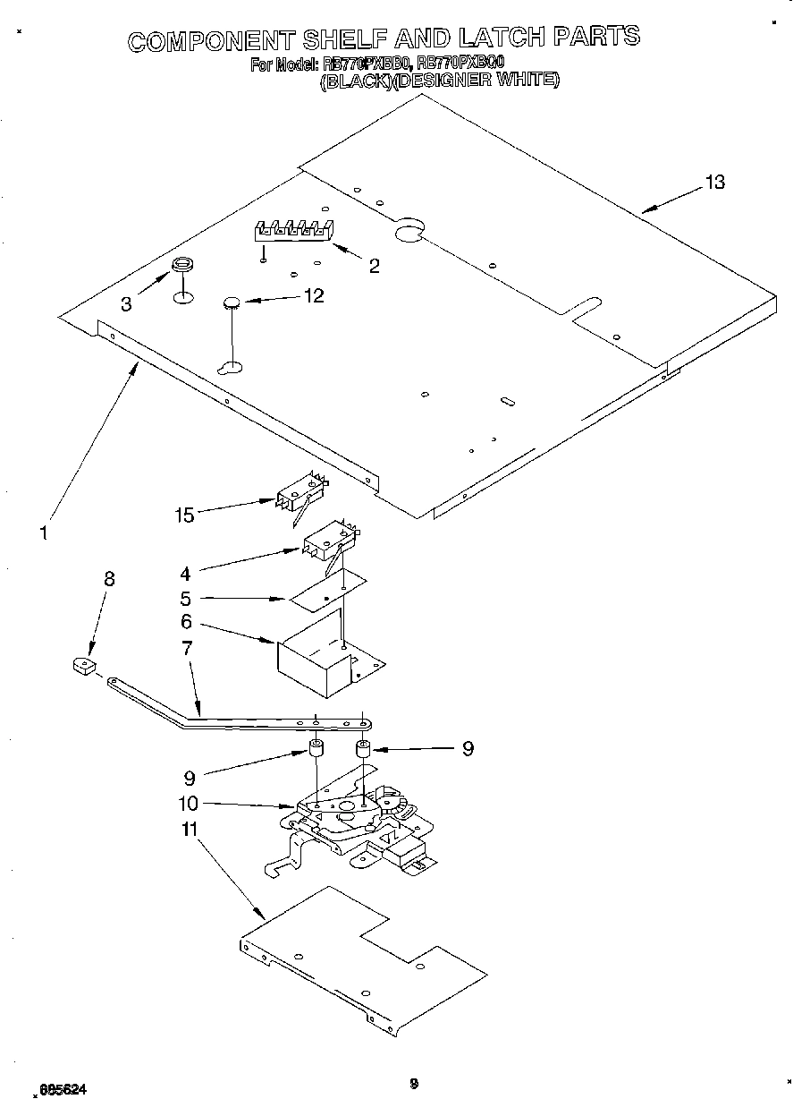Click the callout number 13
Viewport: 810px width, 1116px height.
pyautogui.click(x=713, y=183)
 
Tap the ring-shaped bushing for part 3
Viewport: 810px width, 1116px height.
pyautogui.click(x=181, y=265)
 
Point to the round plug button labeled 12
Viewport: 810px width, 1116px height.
pyautogui.click(x=232, y=304)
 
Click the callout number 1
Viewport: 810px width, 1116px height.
pyautogui.click(x=43, y=532)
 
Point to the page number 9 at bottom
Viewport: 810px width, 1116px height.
pyautogui.click(x=413, y=1084)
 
